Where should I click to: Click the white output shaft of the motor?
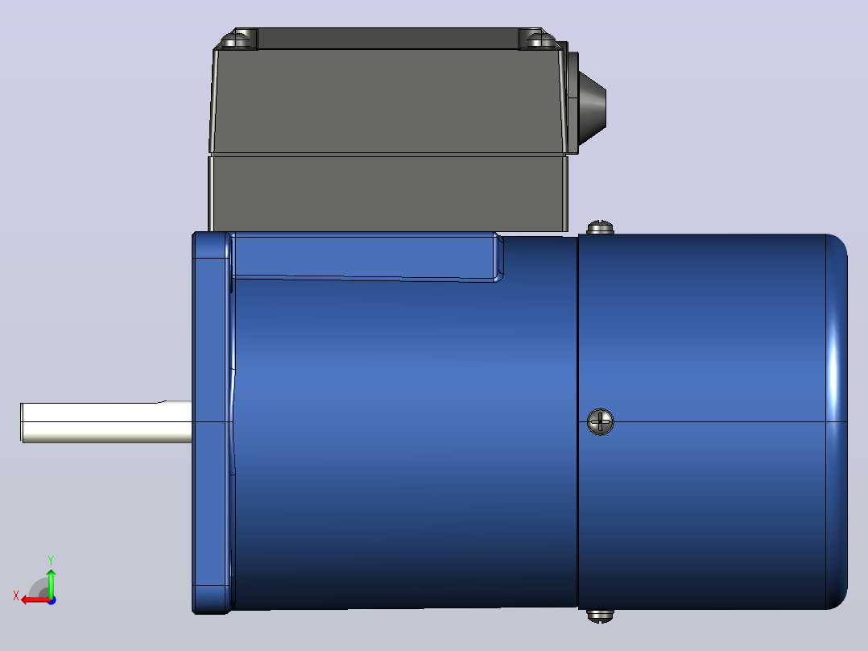coord(106,421)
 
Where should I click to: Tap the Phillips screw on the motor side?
coord(600,421)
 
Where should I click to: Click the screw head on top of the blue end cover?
coord(600,227)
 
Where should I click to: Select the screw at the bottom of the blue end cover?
coord(600,616)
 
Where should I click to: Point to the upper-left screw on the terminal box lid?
coord(238,40)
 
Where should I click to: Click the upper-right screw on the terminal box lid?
coord(539,40)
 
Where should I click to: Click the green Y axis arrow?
coord(51,583)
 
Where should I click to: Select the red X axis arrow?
coord(36,599)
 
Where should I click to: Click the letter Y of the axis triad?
coord(51,560)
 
